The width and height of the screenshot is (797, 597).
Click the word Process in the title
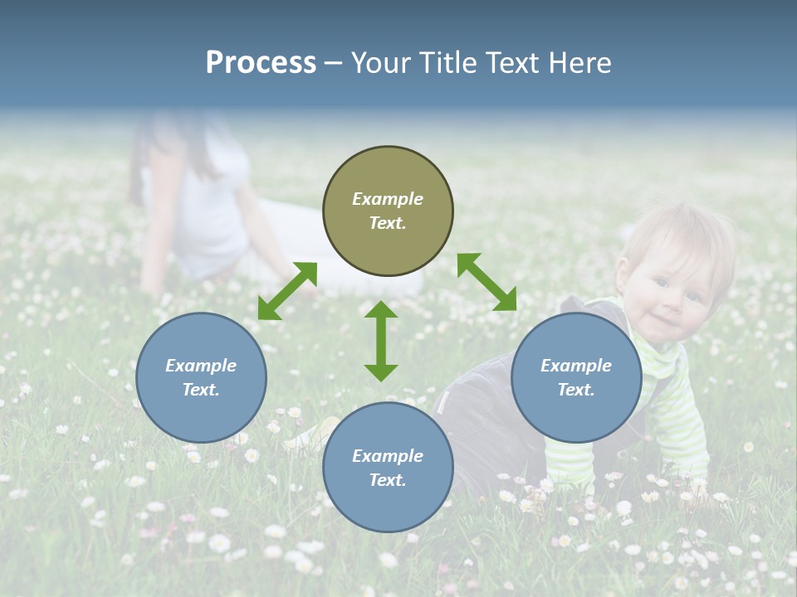coord(261,63)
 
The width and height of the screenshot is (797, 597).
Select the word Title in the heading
coord(447,63)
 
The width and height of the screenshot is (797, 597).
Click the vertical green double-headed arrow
coord(381,341)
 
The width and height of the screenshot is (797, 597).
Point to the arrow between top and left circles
coord(287,290)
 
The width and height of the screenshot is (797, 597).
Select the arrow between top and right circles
coord(487,282)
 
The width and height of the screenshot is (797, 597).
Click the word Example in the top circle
coord(388,199)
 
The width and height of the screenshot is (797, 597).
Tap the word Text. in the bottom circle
coord(388,480)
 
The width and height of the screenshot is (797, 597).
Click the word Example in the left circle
coord(201,366)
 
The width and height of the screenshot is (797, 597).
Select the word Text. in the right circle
coord(576,390)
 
